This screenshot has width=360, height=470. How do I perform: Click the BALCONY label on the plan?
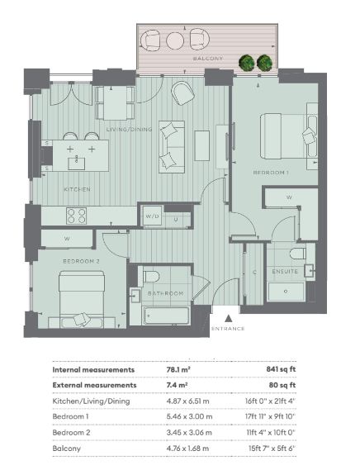point(208,59)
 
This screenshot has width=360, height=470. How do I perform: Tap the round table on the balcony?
point(176,40)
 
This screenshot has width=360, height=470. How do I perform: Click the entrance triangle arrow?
point(229,318)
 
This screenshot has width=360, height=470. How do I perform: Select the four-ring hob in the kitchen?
point(77,216)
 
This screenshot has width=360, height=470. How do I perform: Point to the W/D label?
point(152,216)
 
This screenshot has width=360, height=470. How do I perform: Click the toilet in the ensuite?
point(298,254)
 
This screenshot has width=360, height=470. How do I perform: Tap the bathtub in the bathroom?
point(166,316)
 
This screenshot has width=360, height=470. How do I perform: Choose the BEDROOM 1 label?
point(271,173)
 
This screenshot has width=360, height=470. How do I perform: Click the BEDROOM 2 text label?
point(81,261)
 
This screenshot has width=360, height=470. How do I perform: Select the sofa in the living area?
point(172,147)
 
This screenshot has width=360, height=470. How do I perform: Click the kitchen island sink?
point(77,164)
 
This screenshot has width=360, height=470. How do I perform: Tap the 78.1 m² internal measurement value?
point(178,369)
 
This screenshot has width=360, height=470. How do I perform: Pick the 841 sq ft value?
point(281,369)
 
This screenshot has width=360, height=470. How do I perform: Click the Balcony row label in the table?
point(67,449)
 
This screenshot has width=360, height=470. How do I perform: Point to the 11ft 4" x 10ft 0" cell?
point(271,433)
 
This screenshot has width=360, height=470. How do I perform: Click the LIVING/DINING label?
point(129,130)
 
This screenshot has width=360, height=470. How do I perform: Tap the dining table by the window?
point(115,103)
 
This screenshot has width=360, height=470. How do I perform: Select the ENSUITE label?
point(285,272)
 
